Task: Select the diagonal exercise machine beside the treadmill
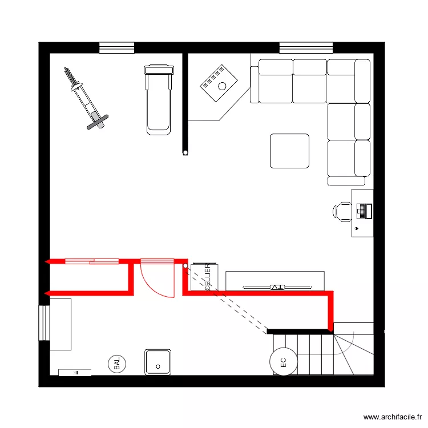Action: [84, 98]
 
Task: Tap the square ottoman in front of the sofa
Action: [289, 151]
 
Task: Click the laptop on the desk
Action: [364, 211]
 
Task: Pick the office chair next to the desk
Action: [342, 211]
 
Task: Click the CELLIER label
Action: [208, 277]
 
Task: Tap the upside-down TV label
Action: [277, 286]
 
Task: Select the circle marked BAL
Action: [117, 364]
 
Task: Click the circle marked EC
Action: [282, 361]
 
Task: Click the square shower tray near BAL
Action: [158, 362]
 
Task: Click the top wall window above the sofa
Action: [306, 47]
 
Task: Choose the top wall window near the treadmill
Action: [116, 47]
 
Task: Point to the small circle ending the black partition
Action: [185, 152]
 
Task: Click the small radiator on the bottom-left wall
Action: [75, 373]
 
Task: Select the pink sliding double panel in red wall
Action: [92, 261]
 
